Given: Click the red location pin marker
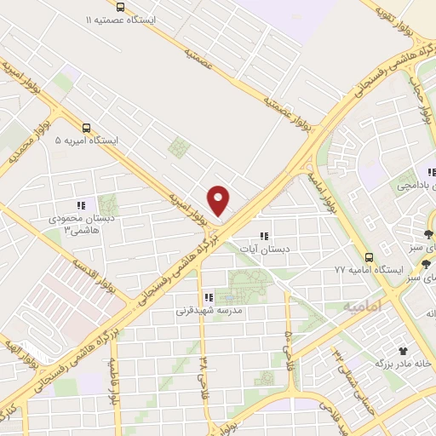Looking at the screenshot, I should pos(219,200).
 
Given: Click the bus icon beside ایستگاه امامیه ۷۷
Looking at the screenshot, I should pos(369,256).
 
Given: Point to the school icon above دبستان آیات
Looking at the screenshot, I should pos(263,235).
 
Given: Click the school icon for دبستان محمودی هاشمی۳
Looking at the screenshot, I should pos(81,205).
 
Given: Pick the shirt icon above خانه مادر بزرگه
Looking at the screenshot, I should pos(403,350).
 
